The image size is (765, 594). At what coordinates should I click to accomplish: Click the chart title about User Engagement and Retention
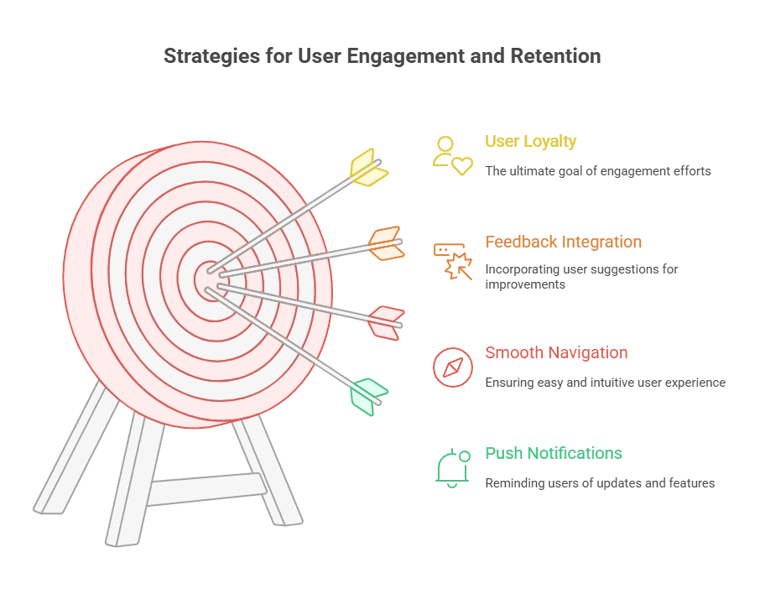click(382, 57)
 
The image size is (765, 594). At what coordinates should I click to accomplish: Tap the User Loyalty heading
click(530, 141)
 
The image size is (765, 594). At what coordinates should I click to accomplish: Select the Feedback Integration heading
click(563, 242)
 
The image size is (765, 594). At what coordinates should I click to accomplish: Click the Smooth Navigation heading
click(556, 352)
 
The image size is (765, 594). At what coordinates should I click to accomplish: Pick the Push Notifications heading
click(554, 453)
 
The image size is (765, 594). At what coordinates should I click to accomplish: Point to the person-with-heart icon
click(451, 155)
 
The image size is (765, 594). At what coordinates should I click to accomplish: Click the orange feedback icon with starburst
click(452, 259)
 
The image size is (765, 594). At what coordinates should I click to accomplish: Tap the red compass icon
click(452, 367)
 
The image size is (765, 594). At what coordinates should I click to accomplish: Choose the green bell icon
click(452, 466)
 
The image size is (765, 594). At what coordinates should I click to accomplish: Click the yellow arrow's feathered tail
click(368, 167)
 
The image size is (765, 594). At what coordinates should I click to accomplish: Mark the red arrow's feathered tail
click(387, 323)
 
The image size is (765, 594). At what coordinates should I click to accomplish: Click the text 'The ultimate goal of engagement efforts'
click(597, 171)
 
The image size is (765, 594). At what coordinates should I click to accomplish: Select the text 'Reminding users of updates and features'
click(600, 483)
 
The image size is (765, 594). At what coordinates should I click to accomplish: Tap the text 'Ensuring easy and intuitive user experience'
click(605, 383)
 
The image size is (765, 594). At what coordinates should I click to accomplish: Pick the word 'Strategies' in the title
click(202, 57)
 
